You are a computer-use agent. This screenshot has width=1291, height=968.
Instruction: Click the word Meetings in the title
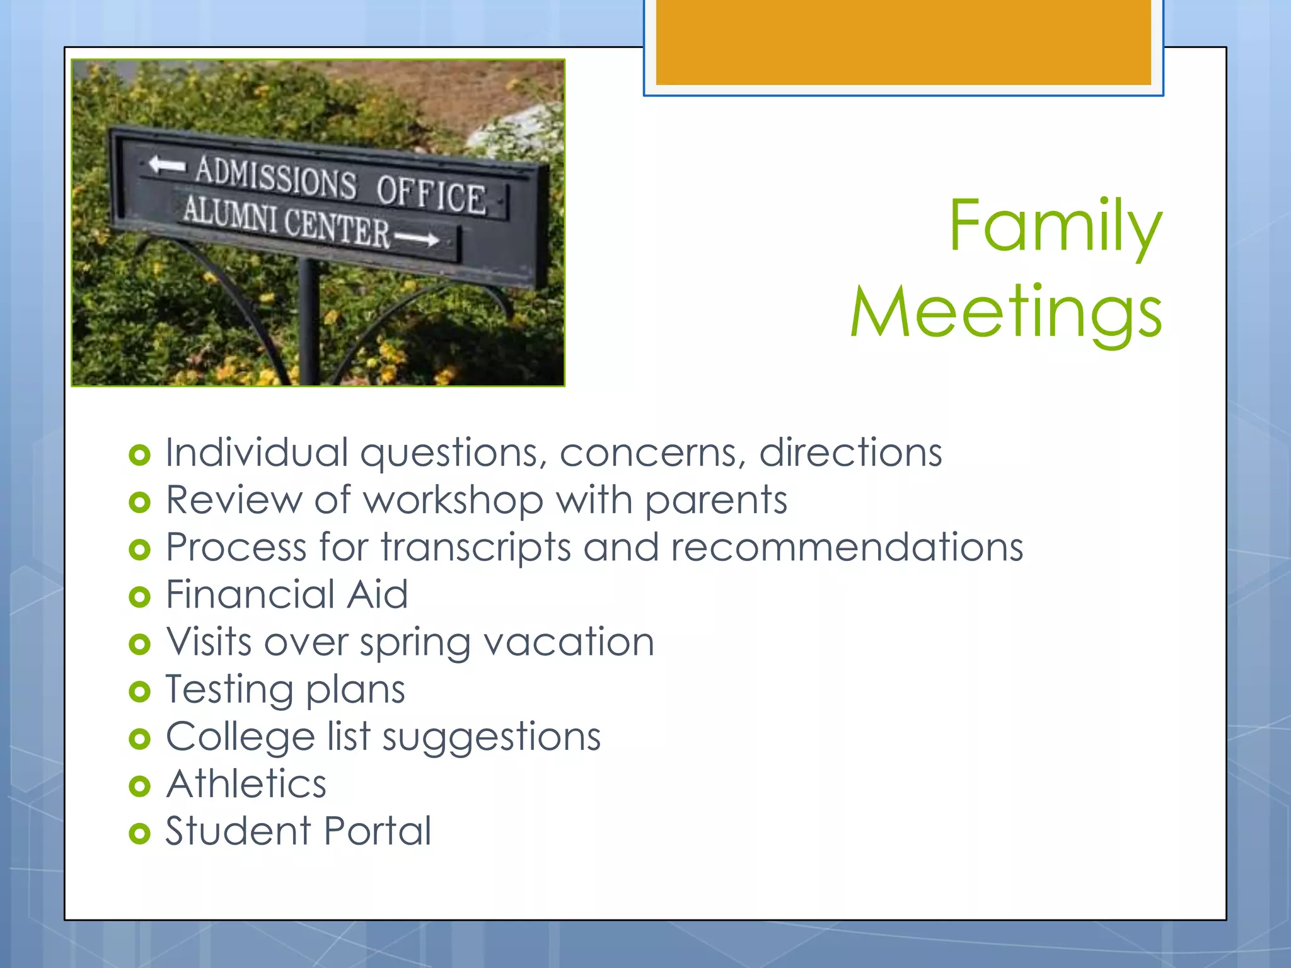click(x=1005, y=313)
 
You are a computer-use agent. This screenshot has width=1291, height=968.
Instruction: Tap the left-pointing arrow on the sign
click(x=166, y=165)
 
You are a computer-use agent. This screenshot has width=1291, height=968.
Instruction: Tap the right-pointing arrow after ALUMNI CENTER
click(x=417, y=239)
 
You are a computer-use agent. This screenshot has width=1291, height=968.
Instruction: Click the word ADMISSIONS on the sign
click(x=275, y=178)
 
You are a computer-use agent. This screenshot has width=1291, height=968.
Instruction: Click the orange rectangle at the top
click(x=903, y=42)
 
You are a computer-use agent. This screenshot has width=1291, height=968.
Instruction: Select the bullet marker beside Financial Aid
click(x=139, y=597)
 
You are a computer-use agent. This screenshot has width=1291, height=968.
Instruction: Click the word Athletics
click(x=246, y=784)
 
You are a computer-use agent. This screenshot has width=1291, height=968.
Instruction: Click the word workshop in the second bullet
click(x=453, y=500)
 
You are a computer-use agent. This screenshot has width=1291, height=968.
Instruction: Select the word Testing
click(x=229, y=691)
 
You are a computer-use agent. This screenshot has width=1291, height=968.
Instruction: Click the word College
click(x=240, y=737)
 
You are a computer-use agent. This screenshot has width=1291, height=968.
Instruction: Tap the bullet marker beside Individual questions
click(x=139, y=455)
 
